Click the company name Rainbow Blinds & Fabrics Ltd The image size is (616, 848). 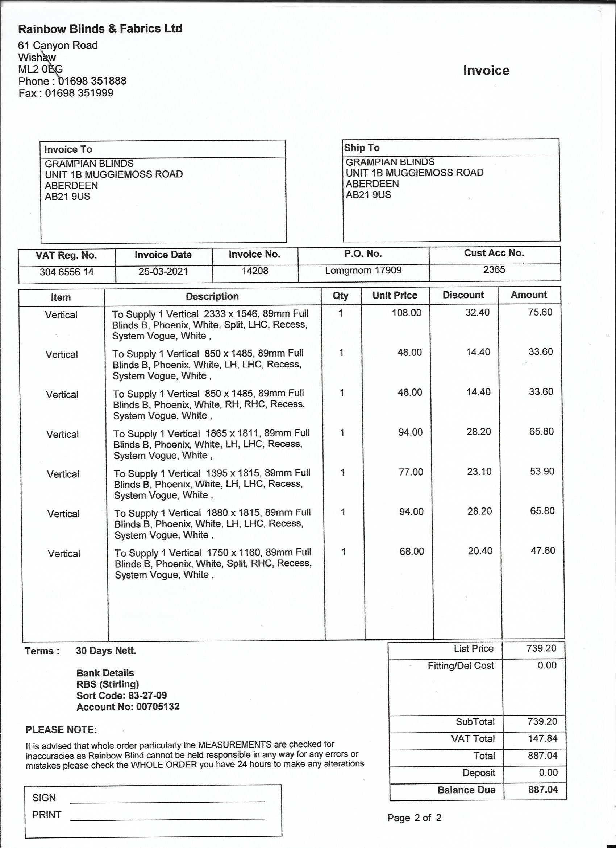tap(100, 29)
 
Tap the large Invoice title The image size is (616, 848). tap(486, 70)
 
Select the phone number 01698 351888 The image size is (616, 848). tap(92, 81)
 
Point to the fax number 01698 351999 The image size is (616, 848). tap(79, 93)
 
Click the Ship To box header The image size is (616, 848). tap(362, 148)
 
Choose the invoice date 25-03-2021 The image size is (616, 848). tap(163, 271)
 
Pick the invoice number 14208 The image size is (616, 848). tap(255, 271)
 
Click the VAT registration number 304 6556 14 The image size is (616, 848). tap(67, 272)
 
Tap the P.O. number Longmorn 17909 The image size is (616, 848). tap(363, 270)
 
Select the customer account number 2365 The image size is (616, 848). tap(494, 269)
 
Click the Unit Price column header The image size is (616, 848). tap(395, 295)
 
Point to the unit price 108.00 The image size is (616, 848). tap(406, 313)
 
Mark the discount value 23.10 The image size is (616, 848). tap(479, 472)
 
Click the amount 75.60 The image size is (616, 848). tap(540, 312)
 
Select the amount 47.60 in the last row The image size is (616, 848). tap(543, 551)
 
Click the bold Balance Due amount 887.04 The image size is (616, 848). tap(543, 790)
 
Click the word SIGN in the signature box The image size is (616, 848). tap(44, 798)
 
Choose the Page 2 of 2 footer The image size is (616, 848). tap(414, 818)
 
